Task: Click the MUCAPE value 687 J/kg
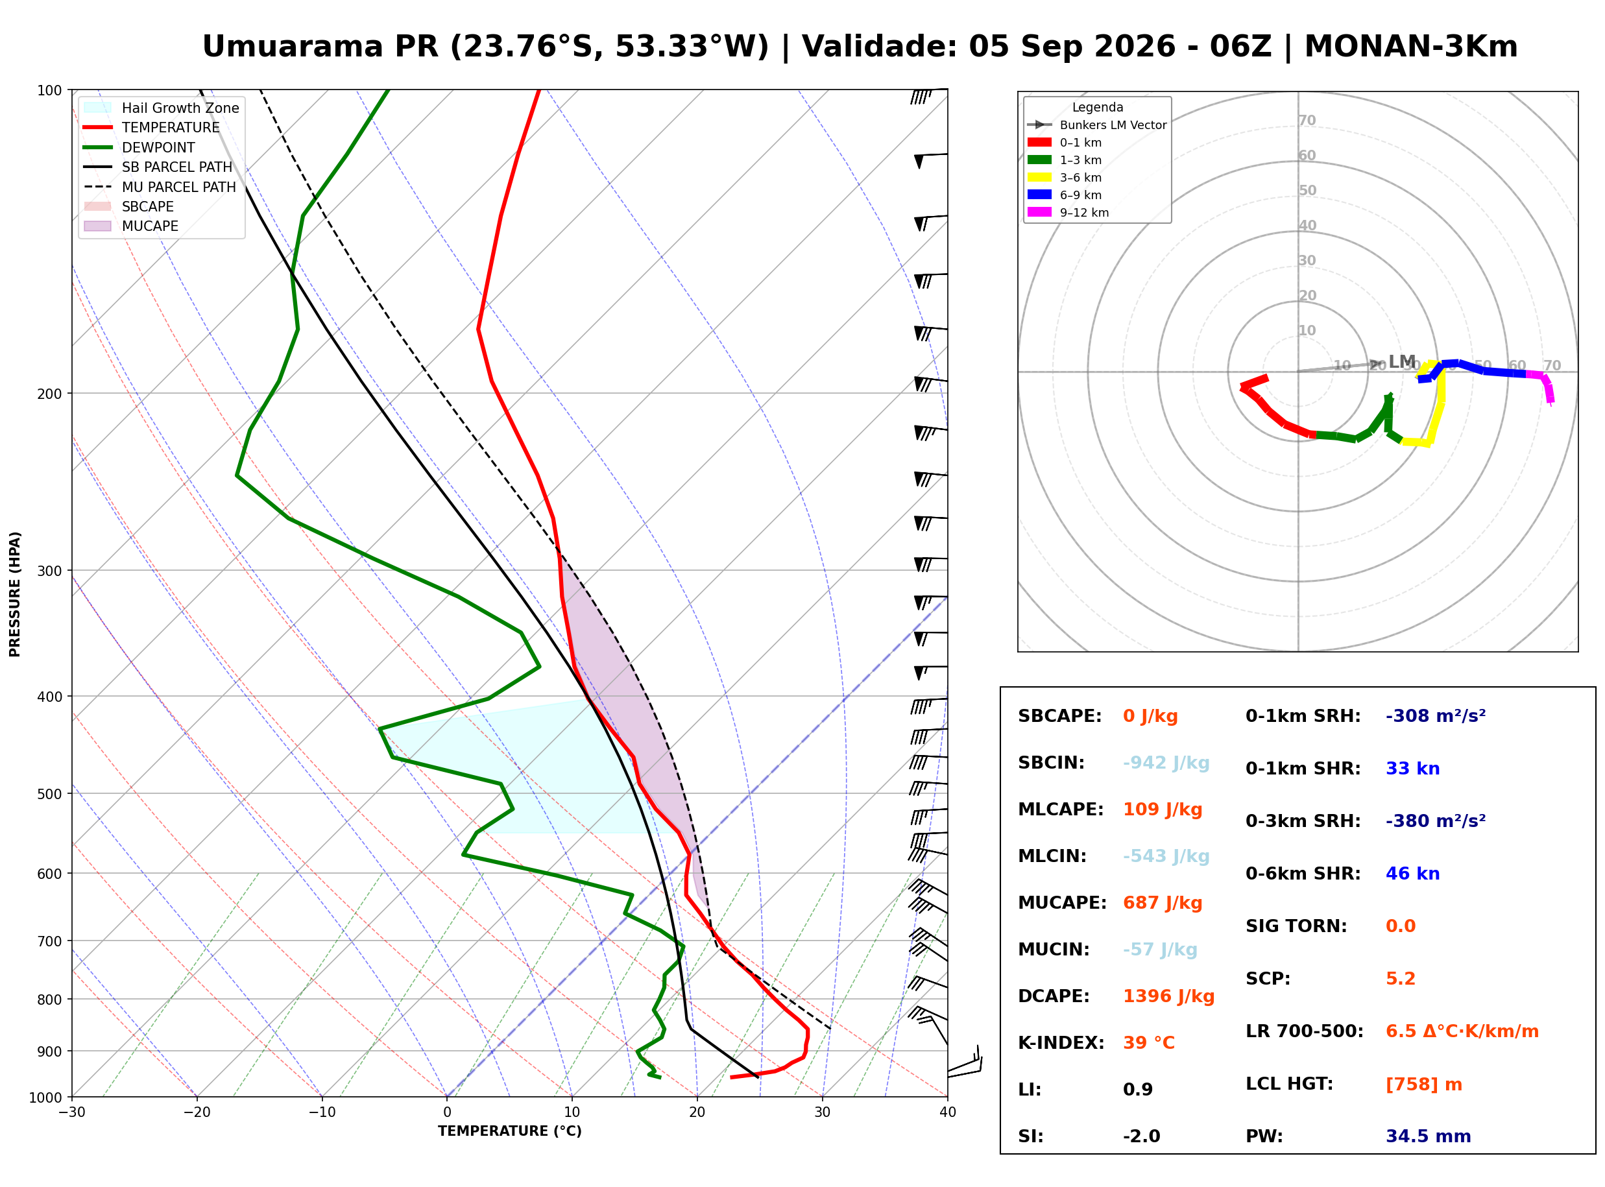click(1163, 903)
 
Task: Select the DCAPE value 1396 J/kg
click(1168, 996)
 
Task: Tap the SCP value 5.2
click(1400, 979)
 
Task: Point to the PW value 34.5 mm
click(1429, 1136)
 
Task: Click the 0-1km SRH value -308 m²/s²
click(1436, 716)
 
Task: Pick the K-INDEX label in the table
click(1061, 1043)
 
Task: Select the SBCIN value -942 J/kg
click(1166, 763)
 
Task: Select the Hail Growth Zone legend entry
click(162, 108)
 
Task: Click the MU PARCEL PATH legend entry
click(160, 187)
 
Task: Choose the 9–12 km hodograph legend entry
click(1068, 213)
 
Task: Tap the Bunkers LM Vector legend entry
click(1097, 125)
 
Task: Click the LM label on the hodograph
click(1402, 361)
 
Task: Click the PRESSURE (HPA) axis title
click(15, 594)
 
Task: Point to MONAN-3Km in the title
click(1411, 47)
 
